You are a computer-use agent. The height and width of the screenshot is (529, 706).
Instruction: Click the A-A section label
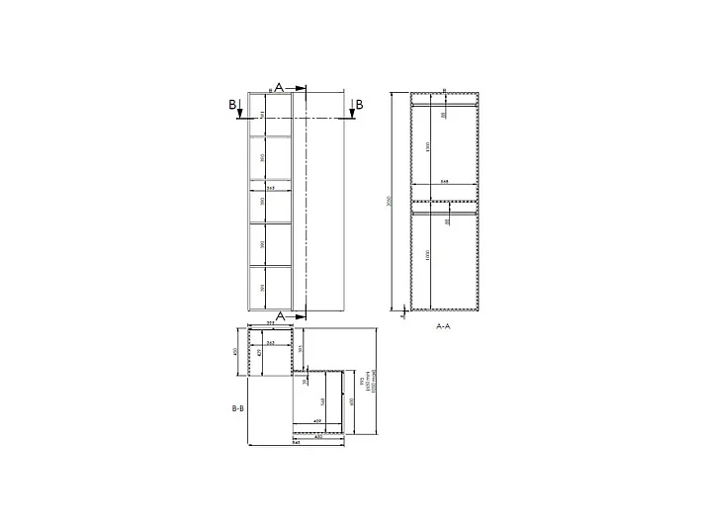coord(443,324)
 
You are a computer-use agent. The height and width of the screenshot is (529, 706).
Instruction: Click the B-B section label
coord(237,407)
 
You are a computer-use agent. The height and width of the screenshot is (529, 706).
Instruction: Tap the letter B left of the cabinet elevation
coord(232,104)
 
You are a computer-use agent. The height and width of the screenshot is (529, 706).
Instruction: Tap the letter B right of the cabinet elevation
coord(359,104)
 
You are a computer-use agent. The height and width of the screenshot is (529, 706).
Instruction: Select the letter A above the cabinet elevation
coord(279,88)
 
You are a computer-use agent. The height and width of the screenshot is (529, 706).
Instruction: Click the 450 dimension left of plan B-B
coord(235,352)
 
